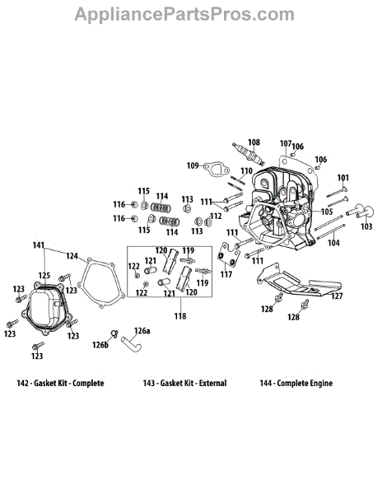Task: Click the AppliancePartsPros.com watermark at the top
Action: click(184, 15)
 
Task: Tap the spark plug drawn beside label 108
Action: click(248, 154)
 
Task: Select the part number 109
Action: click(193, 165)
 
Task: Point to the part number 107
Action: click(286, 143)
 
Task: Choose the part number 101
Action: click(343, 178)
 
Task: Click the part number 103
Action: click(366, 226)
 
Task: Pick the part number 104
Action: click(333, 243)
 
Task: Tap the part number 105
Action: click(327, 212)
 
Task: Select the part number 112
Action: click(216, 216)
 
